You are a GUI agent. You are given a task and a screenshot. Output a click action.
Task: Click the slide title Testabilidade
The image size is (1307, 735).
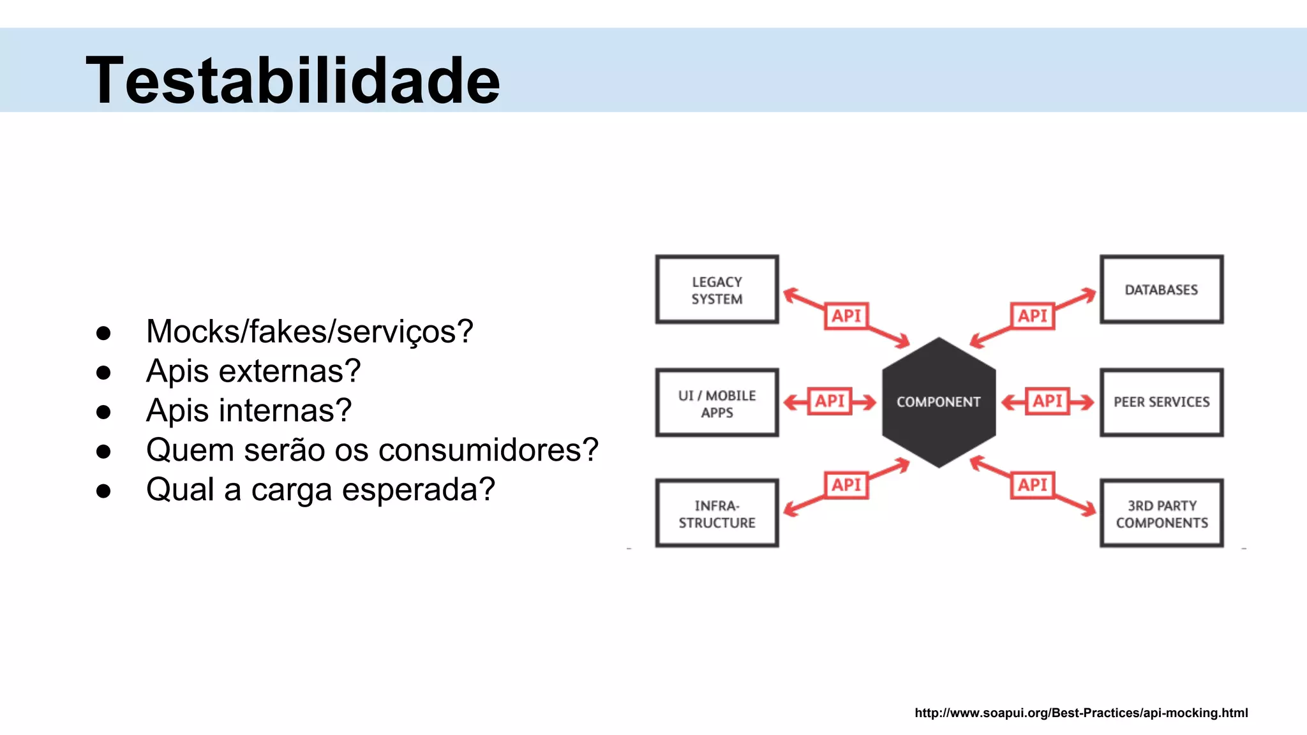click(293, 80)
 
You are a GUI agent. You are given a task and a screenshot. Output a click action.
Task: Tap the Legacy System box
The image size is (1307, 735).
click(717, 290)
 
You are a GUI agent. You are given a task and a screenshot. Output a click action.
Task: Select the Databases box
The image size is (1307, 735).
click(1161, 290)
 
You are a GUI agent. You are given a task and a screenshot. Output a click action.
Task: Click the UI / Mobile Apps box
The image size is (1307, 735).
click(717, 403)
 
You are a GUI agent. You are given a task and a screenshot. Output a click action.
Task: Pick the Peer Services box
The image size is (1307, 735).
click(1161, 403)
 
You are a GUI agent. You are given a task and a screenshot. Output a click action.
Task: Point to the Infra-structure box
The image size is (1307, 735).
click(717, 514)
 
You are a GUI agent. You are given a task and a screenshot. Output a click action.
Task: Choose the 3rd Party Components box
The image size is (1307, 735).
click(1161, 514)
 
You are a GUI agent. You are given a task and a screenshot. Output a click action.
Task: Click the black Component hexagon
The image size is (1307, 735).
click(938, 403)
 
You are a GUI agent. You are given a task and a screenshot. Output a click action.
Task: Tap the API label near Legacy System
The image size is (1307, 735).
click(846, 316)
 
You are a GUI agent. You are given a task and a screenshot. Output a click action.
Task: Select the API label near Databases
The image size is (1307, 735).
click(1032, 316)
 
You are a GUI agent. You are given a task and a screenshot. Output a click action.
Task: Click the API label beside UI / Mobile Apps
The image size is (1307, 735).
click(830, 401)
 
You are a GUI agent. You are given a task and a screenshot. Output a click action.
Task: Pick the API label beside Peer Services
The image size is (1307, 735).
click(1047, 401)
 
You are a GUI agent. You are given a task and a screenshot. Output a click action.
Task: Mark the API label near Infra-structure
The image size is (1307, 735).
click(846, 485)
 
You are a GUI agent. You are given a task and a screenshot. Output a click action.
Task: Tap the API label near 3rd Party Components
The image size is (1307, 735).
click(1032, 485)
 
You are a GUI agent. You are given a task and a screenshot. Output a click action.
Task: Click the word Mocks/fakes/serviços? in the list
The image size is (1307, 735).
click(310, 332)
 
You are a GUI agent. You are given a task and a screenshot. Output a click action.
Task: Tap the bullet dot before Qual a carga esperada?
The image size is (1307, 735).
click(103, 491)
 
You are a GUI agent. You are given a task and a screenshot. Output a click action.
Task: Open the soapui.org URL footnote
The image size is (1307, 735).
click(1081, 713)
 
